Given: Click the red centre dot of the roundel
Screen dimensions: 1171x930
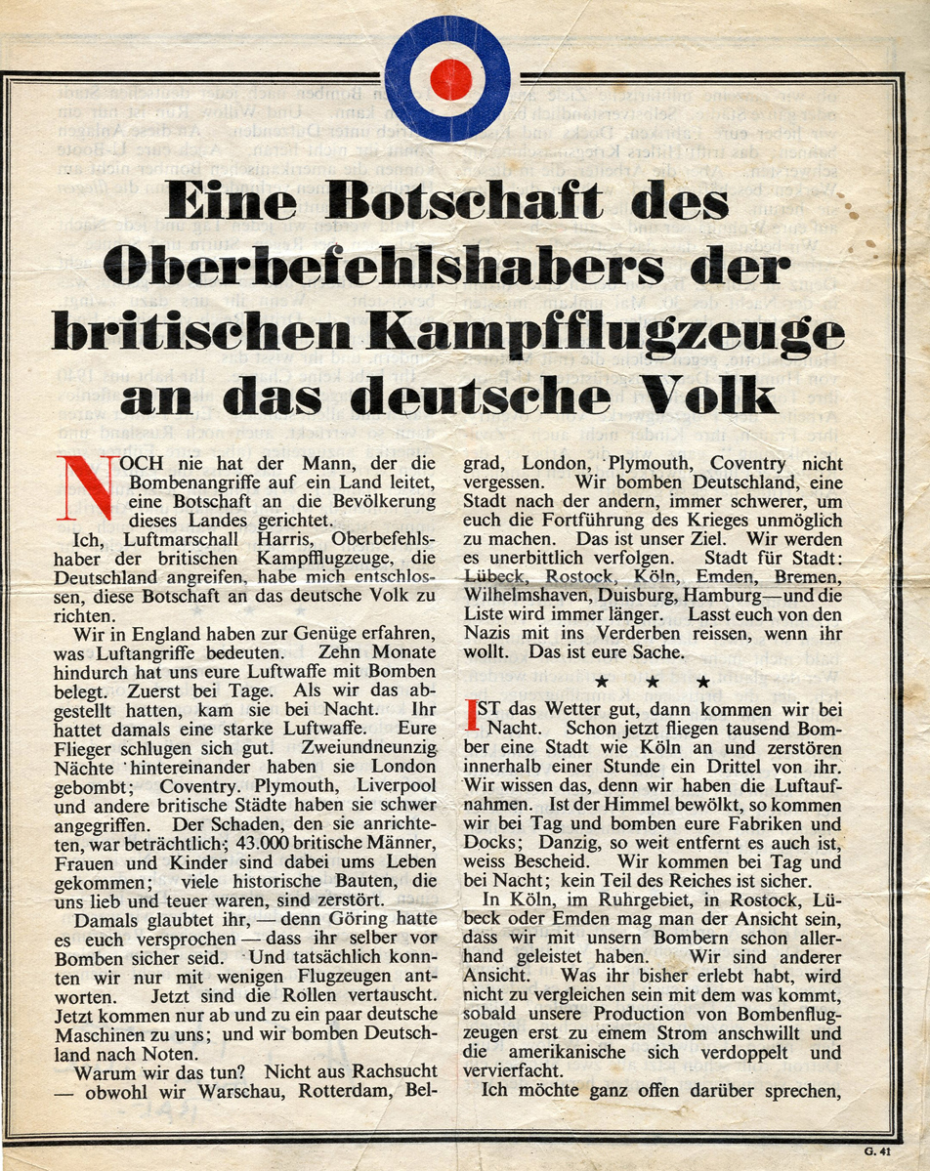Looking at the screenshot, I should coord(450,79).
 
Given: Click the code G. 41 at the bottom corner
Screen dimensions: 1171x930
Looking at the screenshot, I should coord(880,1152).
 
